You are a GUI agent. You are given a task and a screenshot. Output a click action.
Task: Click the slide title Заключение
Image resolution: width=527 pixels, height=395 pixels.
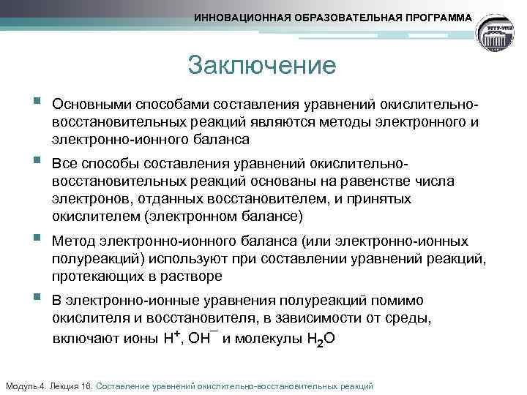tap(261, 65)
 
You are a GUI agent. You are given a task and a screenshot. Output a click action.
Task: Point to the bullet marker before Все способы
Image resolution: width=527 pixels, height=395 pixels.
tap(37, 159)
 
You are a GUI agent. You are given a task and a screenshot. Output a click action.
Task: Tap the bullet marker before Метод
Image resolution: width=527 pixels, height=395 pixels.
tap(37, 238)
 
